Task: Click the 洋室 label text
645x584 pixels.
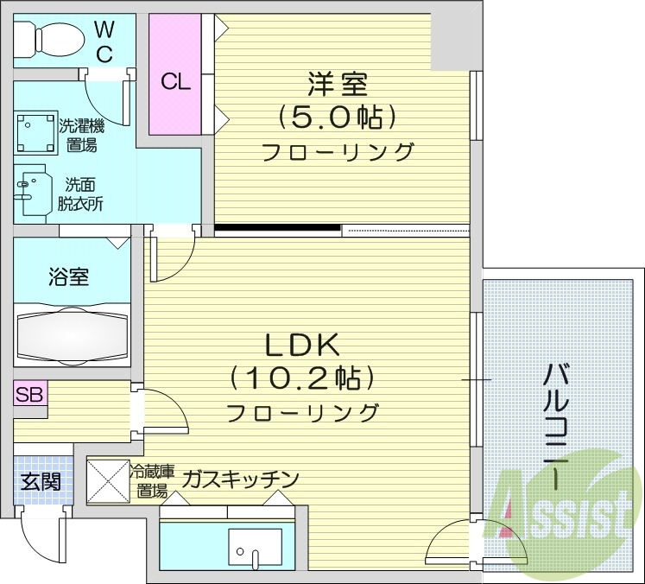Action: [338, 85]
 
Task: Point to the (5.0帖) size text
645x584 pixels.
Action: [338, 116]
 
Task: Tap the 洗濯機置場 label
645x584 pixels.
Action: [81, 136]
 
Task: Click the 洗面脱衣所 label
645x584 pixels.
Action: [81, 194]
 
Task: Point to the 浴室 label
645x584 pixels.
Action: [69, 278]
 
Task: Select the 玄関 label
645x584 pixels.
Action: [41, 481]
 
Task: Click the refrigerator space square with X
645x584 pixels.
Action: [107, 479]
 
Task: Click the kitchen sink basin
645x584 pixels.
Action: [254, 548]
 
